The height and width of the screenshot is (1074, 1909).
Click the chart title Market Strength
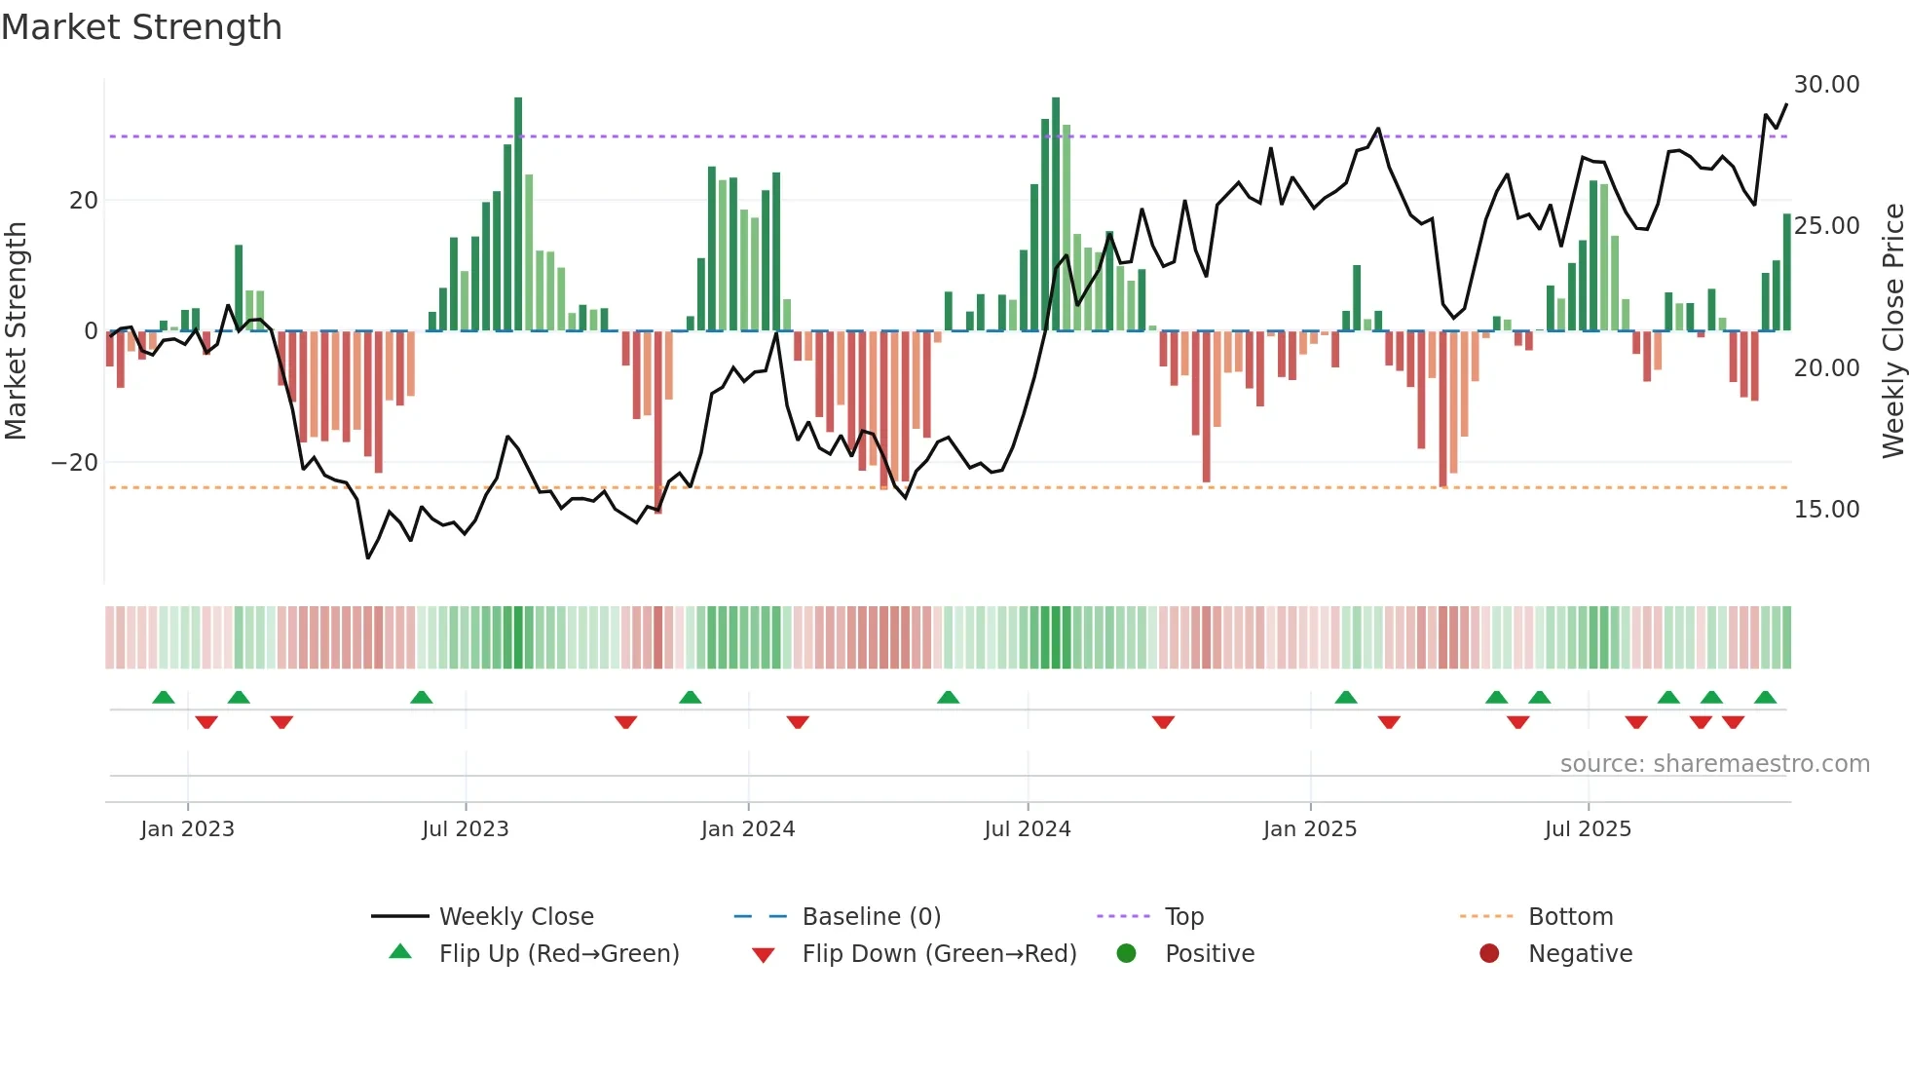pyautogui.click(x=142, y=27)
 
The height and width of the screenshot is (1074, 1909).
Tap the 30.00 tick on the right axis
pyautogui.click(x=1826, y=85)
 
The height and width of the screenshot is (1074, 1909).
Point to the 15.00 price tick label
pyautogui.click(x=1826, y=510)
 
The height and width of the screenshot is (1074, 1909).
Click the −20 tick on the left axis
pyautogui.click(x=75, y=463)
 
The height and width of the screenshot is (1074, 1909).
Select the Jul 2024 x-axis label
pyautogui.click(x=1027, y=829)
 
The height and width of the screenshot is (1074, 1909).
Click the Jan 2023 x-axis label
pyautogui.click(x=187, y=829)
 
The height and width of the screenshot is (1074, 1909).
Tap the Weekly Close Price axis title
pyautogui.click(x=1892, y=331)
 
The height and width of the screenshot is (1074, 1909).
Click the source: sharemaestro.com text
pyautogui.click(x=1714, y=764)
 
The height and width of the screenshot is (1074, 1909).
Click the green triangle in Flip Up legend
pyautogui.click(x=400, y=952)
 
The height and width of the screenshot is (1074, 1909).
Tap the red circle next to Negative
pyautogui.click(x=1489, y=953)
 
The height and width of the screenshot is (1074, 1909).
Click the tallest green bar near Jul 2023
pyautogui.click(x=518, y=214)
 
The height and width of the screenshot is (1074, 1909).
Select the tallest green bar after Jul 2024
pyautogui.click(x=1056, y=214)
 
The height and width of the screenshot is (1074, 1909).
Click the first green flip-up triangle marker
pyautogui.click(x=164, y=698)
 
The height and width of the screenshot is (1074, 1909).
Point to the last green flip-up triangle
pyautogui.click(x=1765, y=698)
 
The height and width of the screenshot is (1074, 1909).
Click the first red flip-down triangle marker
pyautogui.click(x=206, y=722)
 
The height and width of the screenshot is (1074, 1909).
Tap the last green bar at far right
pyautogui.click(x=1787, y=273)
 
